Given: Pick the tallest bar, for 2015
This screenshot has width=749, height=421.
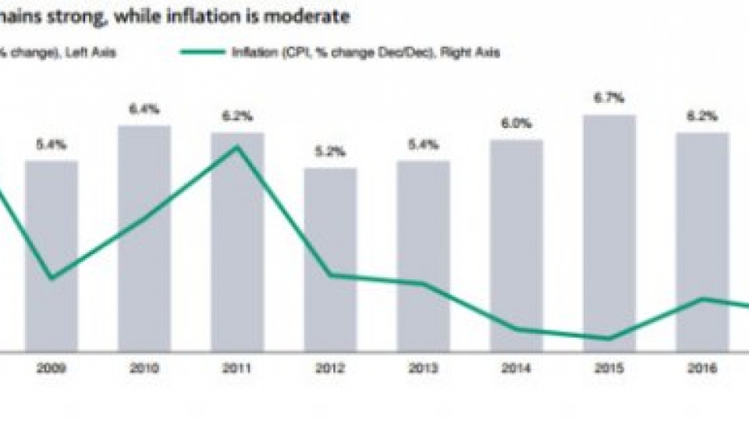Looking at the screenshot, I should pos(609,233).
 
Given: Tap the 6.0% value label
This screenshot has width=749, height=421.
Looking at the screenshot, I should pos(516,123).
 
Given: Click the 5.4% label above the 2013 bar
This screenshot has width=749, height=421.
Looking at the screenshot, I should pos(423,145).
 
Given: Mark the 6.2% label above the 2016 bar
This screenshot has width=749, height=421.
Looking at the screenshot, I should pos(702,115).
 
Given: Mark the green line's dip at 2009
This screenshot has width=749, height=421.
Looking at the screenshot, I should pos(51,278).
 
